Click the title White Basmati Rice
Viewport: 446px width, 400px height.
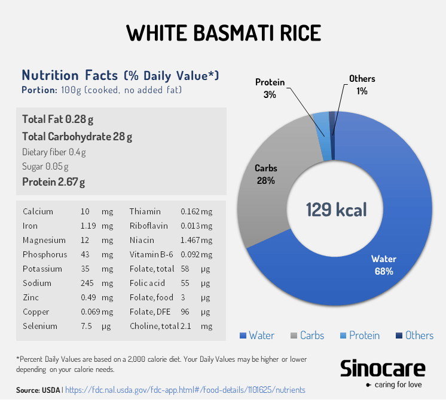click(222, 33)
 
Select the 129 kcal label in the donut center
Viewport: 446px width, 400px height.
click(336, 210)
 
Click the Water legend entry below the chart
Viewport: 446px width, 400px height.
click(256, 336)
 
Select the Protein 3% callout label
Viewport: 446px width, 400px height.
click(270, 88)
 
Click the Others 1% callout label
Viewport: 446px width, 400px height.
click(362, 85)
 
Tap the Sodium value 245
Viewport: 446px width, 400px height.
click(87, 283)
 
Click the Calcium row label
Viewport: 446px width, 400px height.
click(38, 211)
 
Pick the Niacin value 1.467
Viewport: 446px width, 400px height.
click(190, 240)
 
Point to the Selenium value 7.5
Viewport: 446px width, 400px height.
click(86, 326)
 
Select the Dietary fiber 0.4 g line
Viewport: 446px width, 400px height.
click(54, 152)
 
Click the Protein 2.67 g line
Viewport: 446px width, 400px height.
click(53, 182)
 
